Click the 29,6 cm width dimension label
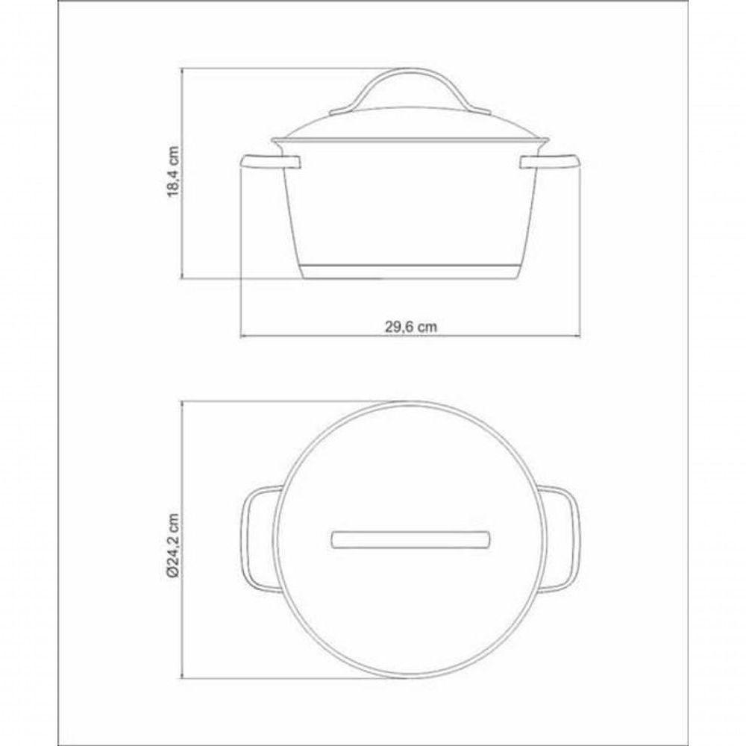point(410,326)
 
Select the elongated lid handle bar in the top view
point(410,539)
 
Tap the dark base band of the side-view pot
point(410,272)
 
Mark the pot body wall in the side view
point(410,209)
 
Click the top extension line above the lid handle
point(283,69)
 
